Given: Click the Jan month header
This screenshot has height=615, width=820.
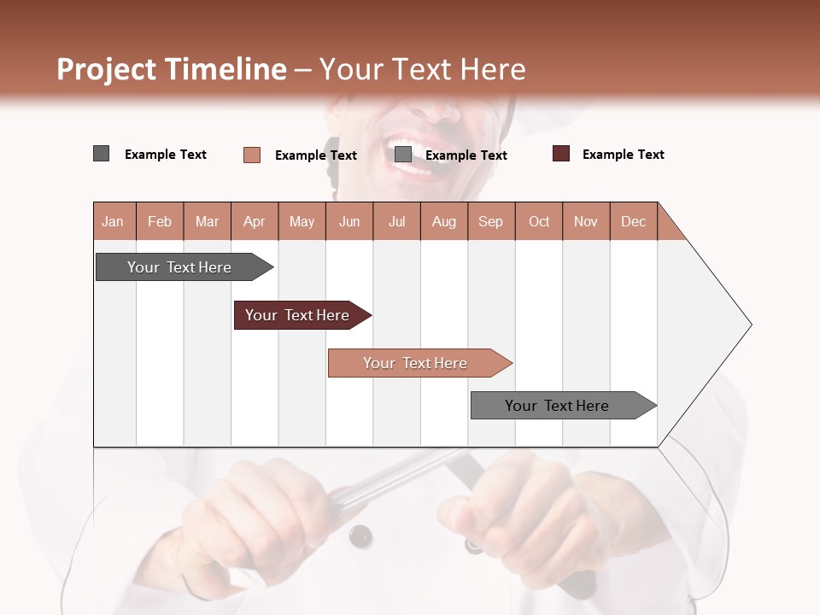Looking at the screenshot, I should (x=113, y=221).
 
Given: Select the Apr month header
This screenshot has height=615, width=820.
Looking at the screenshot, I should (x=255, y=221).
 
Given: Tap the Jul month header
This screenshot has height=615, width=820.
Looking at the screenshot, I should (x=396, y=221).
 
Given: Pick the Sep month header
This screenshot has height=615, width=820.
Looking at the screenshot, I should (x=490, y=221).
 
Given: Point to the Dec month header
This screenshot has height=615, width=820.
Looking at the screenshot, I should (x=633, y=221).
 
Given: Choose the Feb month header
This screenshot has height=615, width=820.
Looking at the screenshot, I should (x=160, y=221).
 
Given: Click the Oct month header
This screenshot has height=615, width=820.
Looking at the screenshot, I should (x=539, y=221).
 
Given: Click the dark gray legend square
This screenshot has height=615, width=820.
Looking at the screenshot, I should (x=101, y=154).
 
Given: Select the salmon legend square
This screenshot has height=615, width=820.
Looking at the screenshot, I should (x=251, y=155).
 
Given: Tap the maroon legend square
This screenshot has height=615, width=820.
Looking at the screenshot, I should (x=560, y=154).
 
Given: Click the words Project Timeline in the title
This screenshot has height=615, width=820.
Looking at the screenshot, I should (x=171, y=69).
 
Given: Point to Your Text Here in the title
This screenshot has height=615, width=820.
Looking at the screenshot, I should (x=423, y=69).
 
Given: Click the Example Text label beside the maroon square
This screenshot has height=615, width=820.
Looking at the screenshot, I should (x=623, y=155).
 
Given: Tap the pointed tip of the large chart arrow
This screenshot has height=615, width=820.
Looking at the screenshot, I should (x=750, y=325).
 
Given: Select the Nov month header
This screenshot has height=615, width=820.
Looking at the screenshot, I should (x=586, y=221).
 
